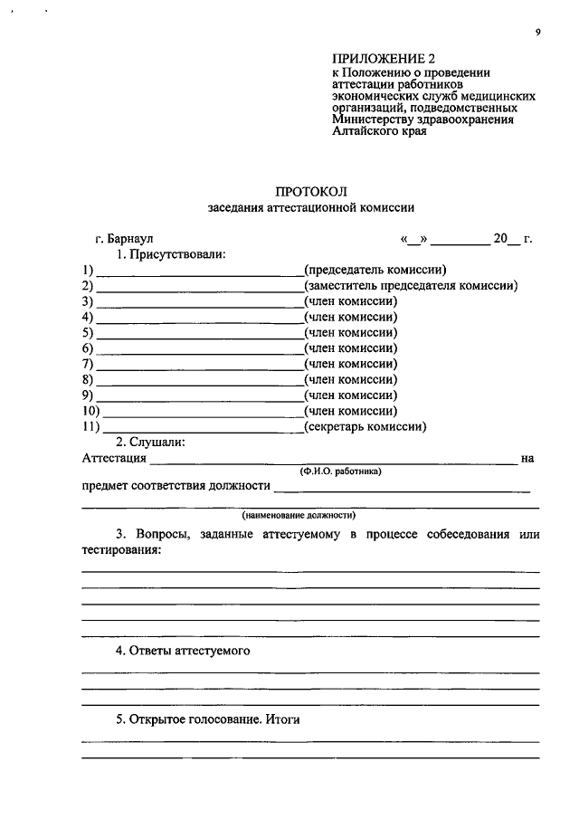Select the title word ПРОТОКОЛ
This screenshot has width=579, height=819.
click(x=310, y=191)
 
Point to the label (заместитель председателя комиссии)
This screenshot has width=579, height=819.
click(x=411, y=286)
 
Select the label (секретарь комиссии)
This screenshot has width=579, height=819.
click(x=365, y=426)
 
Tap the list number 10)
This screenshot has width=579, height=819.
click(x=88, y=411)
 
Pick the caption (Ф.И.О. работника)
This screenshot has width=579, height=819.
click(x=341, y=471)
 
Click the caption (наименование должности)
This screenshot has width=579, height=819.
click(x=310, y=516)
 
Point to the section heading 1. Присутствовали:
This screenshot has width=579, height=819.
click(x=169, y=254)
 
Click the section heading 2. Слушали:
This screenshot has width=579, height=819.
click(x=150, y=442)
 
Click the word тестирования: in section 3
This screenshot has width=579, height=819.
click(x=121, y=550)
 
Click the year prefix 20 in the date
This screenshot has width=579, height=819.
click(x=500, y=239)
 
